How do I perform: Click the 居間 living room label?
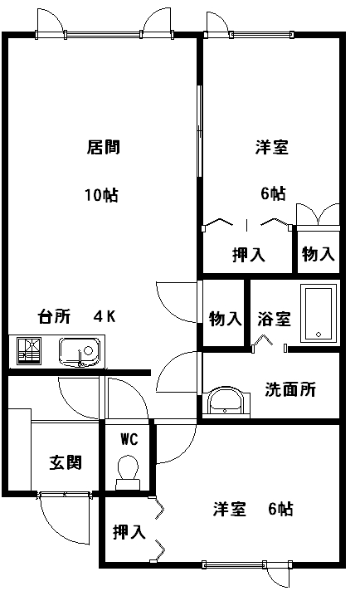(x=104, y=147)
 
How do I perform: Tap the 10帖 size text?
(x=101, y=195)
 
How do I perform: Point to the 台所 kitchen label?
(x=54, y=316)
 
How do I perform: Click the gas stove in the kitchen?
(x=29, y=351)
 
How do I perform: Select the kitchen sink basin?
(x=80, y=352)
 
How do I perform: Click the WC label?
(x=129, y=439)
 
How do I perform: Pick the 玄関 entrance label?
(x=66, y=462)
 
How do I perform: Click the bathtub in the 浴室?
(x=319, y=313)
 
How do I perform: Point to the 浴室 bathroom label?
(x=274, y=319)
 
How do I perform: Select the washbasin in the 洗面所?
(x=226, y=402)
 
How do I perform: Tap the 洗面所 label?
(x=290, y=389)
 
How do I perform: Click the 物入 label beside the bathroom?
(x=225, y=319)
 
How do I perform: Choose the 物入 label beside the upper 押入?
(x=319, y=254)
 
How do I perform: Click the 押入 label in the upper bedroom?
(x=249, y=255)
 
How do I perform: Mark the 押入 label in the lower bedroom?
(x=129, y=532)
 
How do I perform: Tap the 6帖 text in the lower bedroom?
(x=280, y=509)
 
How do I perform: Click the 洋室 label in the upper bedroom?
(x=272, y=147)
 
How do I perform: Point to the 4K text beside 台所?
(x=105, y=316)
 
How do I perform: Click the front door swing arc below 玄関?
(x=56, y=530)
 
